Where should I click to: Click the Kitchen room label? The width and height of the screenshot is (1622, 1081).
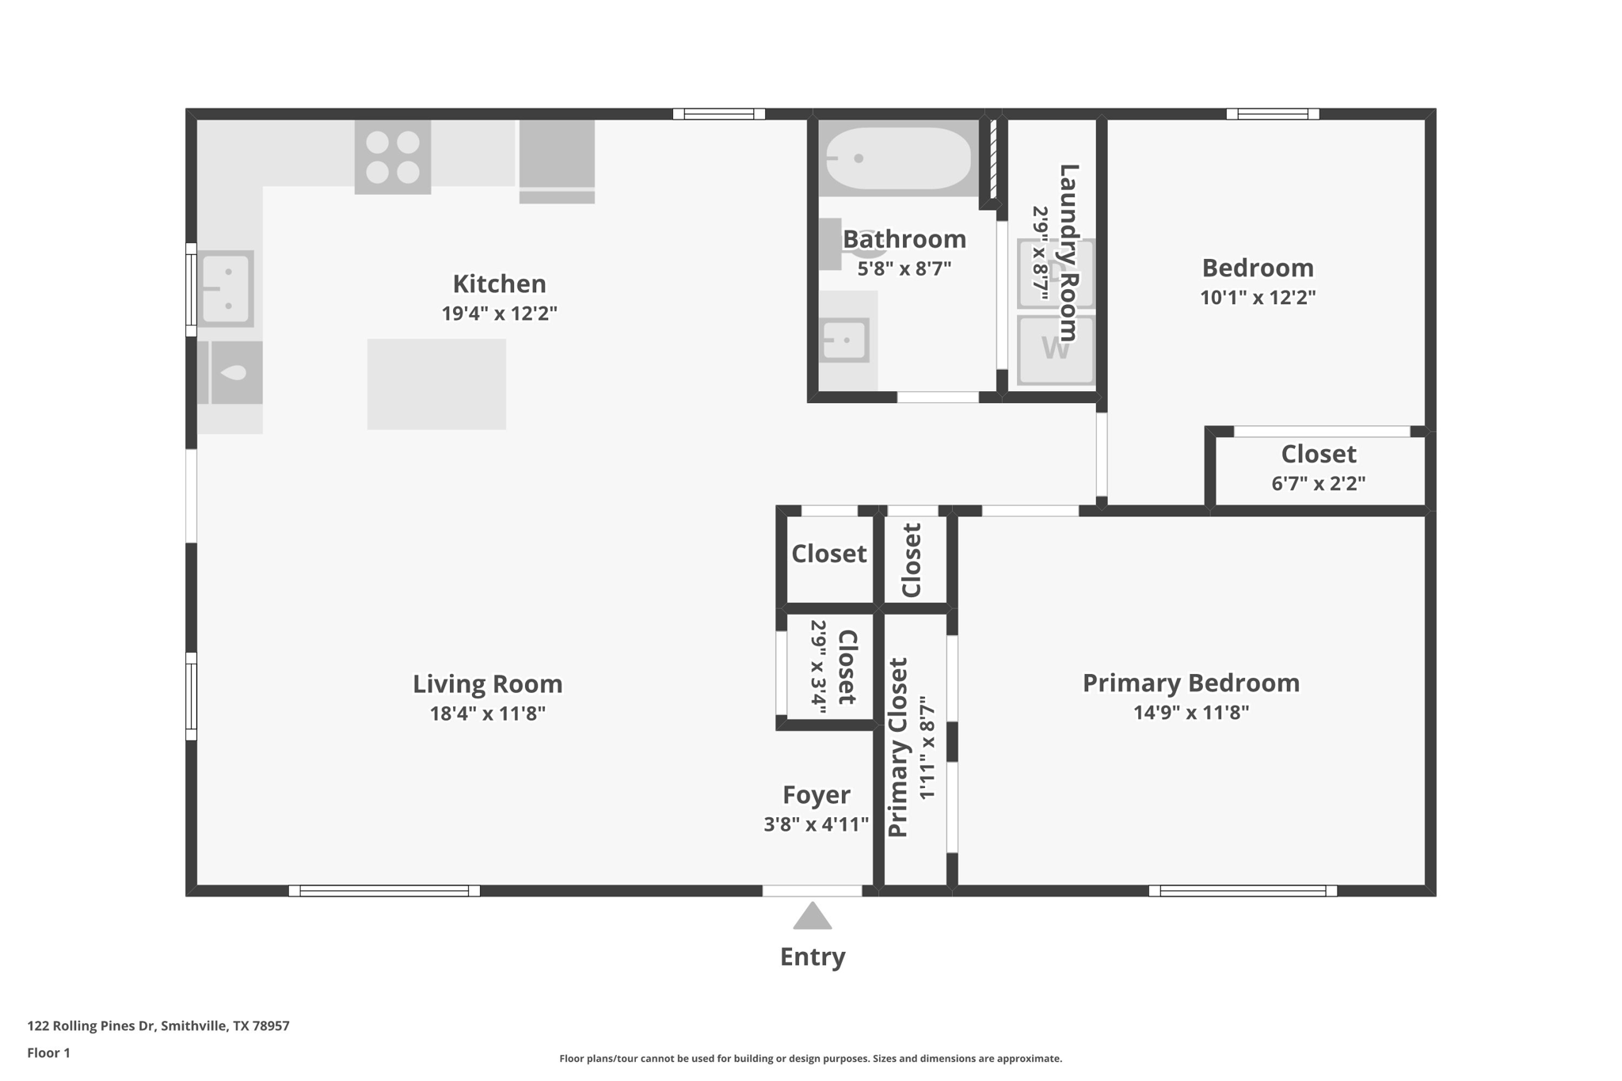coord(499,284)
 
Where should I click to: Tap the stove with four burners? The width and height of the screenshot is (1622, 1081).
coord(393,157)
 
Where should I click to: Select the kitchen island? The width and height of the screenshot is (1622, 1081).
coord(436,384)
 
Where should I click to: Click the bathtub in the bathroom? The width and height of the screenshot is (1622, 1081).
coord(898,158)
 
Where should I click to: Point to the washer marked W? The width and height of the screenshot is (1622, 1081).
coord(1056,350)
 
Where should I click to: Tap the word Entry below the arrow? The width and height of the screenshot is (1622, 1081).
coord(813,957)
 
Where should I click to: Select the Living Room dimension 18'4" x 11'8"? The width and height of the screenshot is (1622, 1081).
coord(487,714)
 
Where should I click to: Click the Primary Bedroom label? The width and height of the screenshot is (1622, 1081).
coord(1191,683)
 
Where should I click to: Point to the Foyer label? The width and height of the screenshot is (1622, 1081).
coord(817,794)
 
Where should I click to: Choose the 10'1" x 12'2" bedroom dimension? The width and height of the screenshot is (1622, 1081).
coord(1258,298)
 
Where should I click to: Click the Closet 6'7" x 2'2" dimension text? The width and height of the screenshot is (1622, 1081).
coord(1319,483)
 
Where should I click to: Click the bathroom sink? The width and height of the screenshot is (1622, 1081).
coord(844,341)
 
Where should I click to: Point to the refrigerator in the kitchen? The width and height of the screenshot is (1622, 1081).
coord(557,162)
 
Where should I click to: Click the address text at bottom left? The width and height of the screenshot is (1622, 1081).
coord(158,1026)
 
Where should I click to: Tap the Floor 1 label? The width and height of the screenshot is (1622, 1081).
coord(48,1052)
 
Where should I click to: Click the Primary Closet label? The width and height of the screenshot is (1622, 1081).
coord(897,747)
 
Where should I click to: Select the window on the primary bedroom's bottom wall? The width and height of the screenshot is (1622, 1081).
coord(1243,891)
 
